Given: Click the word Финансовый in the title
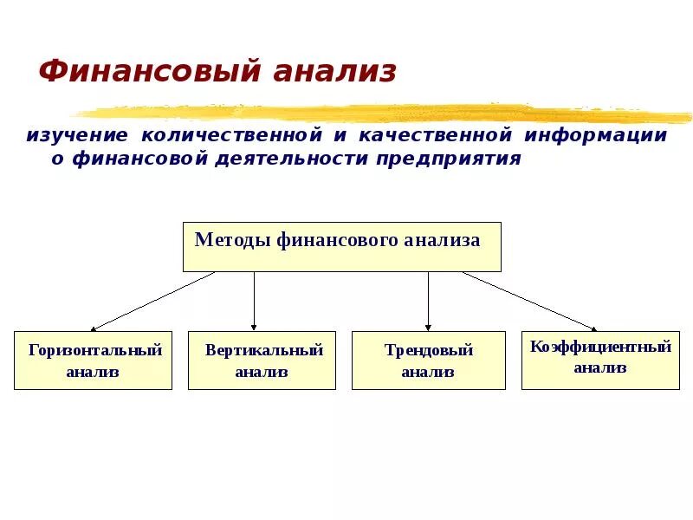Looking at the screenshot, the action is click(x=149, y=72).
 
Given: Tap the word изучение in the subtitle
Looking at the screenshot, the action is click(x=77, y=136).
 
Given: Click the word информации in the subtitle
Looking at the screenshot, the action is click(x=597, y=136).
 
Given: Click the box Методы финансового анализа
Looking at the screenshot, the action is click(x=341, y=247).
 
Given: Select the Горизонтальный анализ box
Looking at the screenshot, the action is click(x=93, y=361).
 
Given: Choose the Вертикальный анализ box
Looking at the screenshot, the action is click(x=262, y=361).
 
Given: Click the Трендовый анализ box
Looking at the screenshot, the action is click(x=428, y=361).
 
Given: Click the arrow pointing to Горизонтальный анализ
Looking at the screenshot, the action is click(x=152, y=302).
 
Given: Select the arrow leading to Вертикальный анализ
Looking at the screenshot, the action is click(x=254, y=302).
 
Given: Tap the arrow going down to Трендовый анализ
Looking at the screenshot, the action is click(x=428, y=302).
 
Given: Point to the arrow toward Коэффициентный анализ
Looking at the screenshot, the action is click(x=529, y=302).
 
